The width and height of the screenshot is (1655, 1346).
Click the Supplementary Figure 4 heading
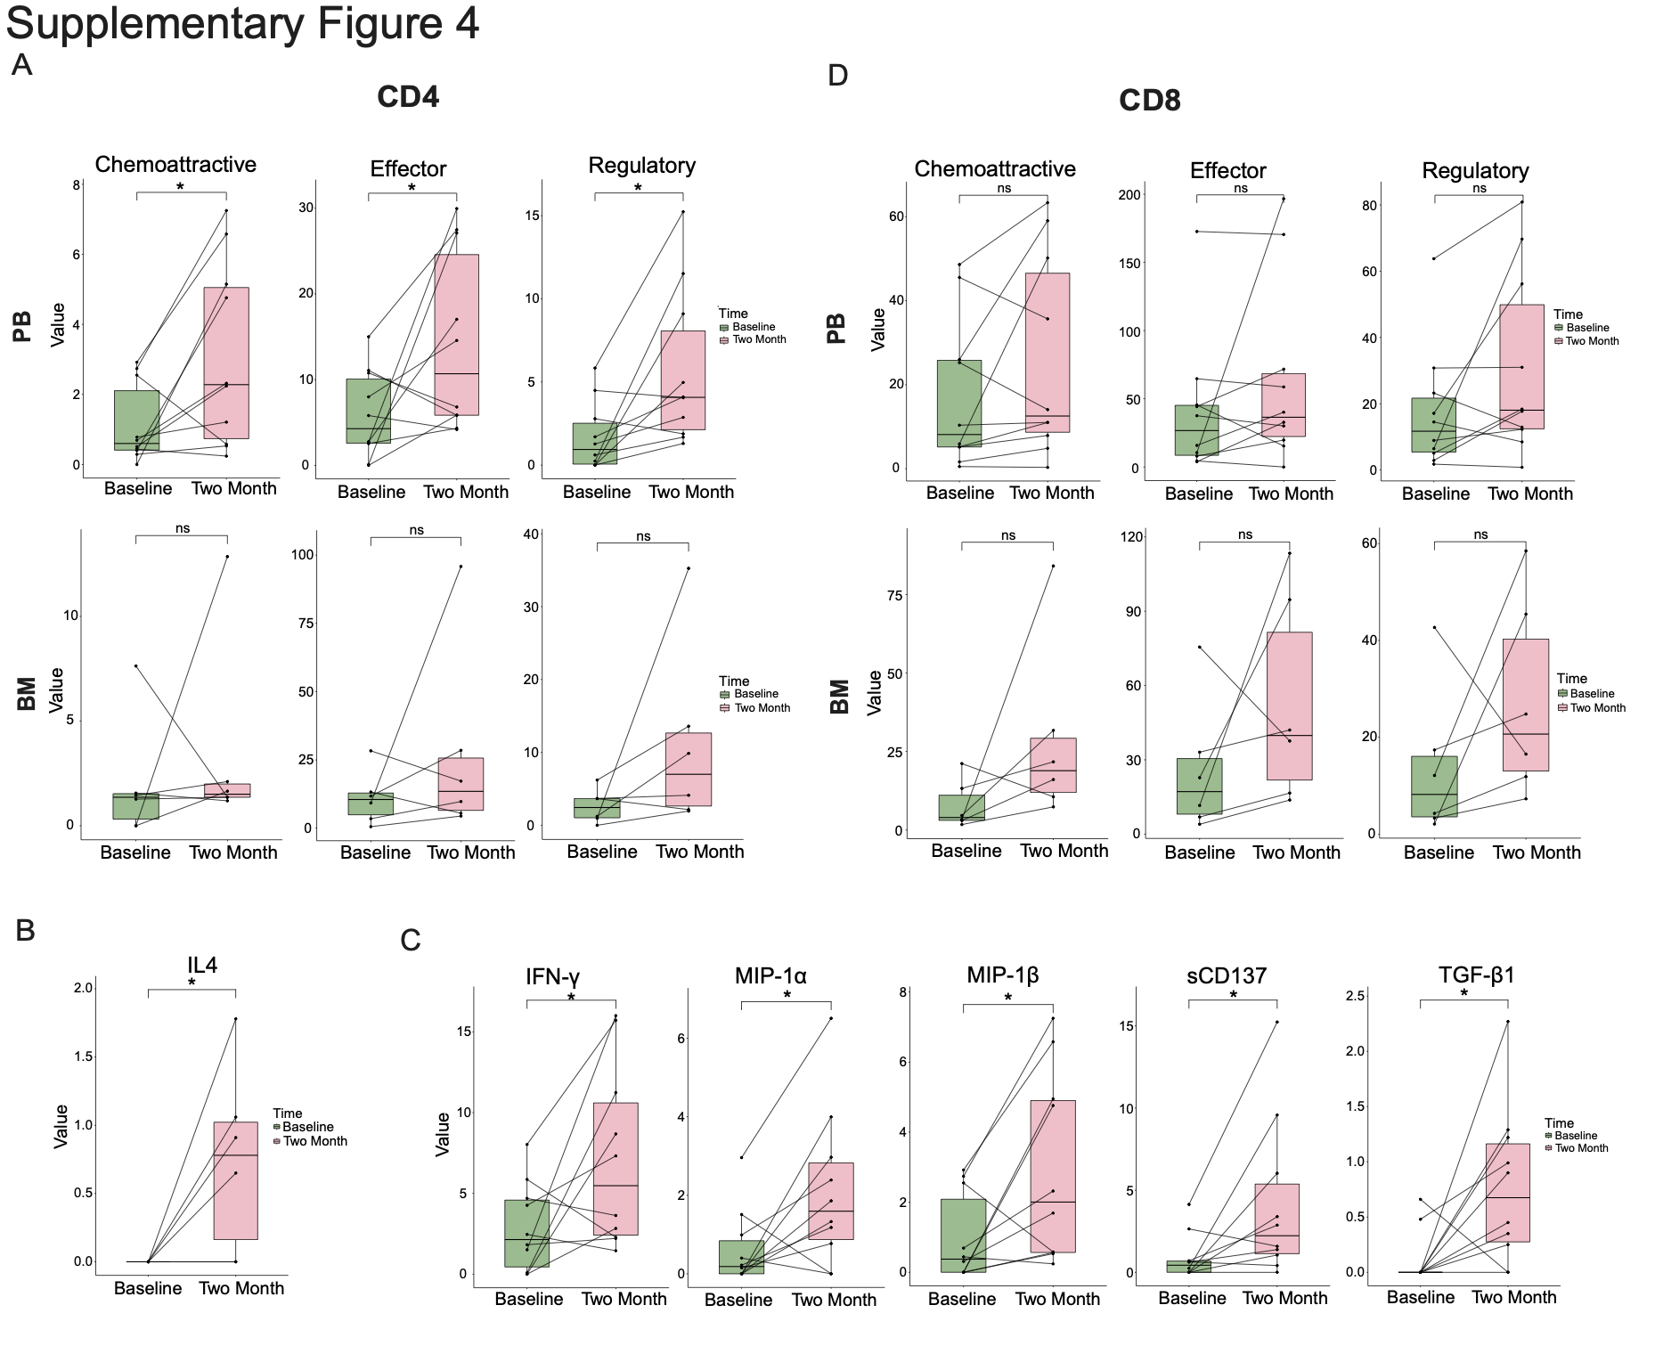(242, 23)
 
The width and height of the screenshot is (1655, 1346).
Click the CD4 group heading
(408, 96)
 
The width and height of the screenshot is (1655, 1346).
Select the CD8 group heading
(1149, 100)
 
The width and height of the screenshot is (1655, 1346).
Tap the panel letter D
(837, 76)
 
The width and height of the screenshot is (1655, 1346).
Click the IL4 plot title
(202, 966)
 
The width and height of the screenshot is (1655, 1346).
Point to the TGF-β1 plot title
(1476, 975)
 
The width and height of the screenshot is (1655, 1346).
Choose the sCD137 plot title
(1227, 975)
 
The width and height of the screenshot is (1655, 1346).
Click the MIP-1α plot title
(770, 975)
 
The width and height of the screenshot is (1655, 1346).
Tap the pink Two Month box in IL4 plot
(235, 1180)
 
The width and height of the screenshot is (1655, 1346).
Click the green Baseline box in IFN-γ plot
(526, 1233)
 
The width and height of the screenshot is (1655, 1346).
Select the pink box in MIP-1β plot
(1053, 1176)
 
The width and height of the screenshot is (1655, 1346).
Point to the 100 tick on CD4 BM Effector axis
(303, 555)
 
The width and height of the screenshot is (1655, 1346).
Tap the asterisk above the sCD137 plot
(1234, 995)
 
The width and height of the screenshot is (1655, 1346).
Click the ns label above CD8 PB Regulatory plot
(1479, 188)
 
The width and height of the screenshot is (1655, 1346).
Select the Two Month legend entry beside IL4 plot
(314, 1141)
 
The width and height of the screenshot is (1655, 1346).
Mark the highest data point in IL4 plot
(235, 1018)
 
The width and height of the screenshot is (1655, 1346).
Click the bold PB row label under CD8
(836, 328)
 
